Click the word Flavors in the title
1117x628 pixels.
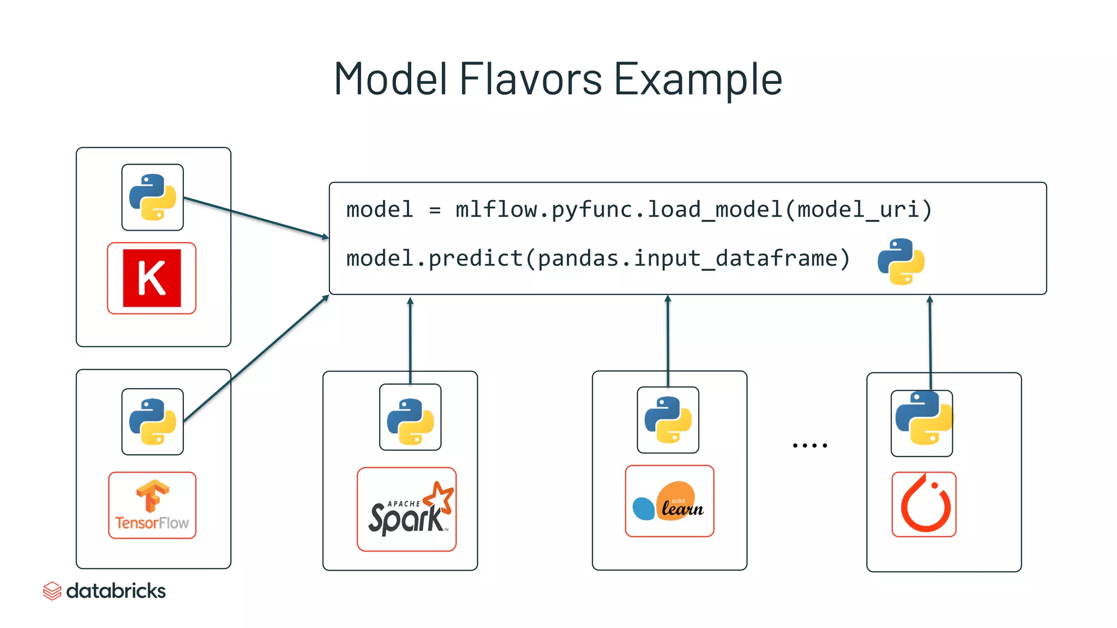pos(530,79)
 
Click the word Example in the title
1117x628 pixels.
pos(698,79)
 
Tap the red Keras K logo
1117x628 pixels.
pos(152,278)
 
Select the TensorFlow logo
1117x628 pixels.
pos(152,505)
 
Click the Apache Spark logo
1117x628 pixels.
pos(407,509)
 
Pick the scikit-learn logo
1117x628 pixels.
pos(669,501)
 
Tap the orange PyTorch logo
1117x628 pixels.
pos(924,504)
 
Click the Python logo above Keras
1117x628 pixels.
pos(153,197)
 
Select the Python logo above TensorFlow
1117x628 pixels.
pos(153,421)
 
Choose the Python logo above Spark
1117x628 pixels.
pos(410,417)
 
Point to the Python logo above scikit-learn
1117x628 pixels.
pos(668,420)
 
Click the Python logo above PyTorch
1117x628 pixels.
pos(922,423)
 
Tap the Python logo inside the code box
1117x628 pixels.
pos(900,261)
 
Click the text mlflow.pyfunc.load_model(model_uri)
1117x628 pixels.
pos(693,209)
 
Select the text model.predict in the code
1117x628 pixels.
pos(434,258)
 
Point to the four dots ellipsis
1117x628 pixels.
pos(810,445)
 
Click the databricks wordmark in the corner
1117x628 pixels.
pos(116,591)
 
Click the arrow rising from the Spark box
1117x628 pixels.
pos(410,338)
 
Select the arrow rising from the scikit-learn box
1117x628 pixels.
pos(668,338)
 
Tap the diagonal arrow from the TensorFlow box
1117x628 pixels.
pos(256,358)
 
